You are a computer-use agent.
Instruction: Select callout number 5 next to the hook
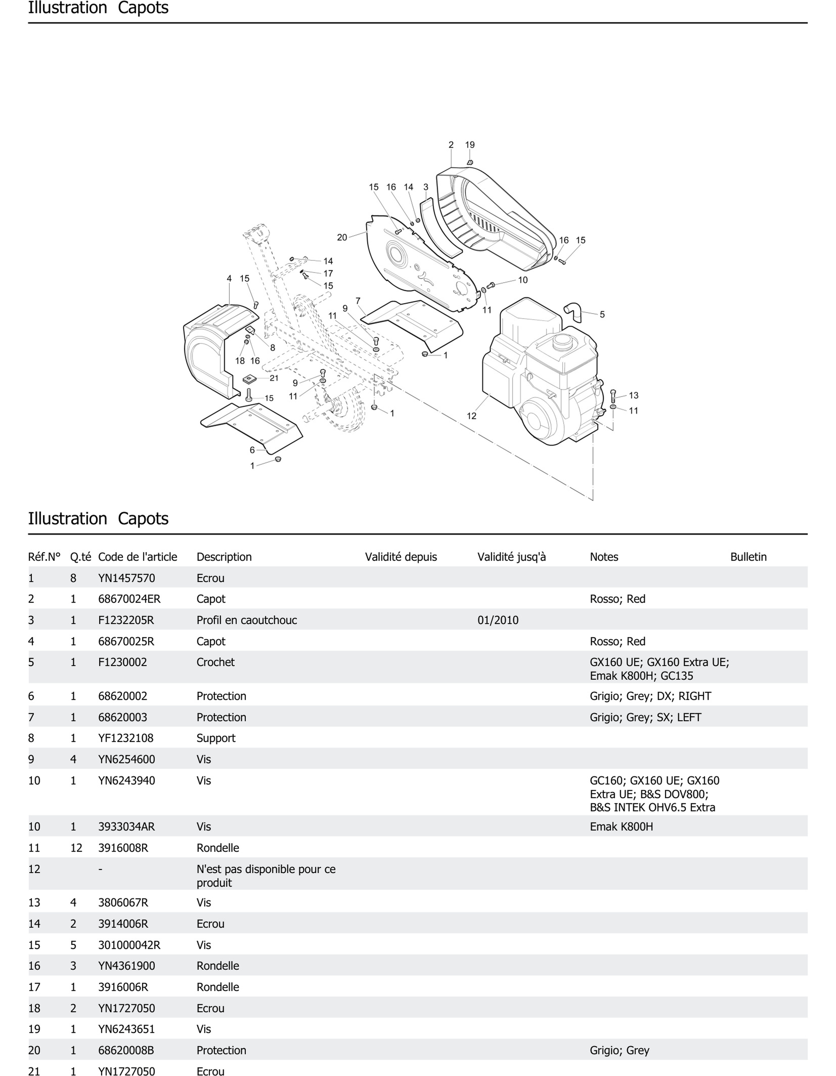(602, 314)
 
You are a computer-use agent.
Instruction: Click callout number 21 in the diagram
(274, 378)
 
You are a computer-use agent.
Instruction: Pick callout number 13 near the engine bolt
(633, 395)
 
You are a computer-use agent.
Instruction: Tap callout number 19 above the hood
(470, 145)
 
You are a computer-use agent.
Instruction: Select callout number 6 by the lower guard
(252, 450)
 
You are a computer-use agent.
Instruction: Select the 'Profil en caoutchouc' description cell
(247, 620)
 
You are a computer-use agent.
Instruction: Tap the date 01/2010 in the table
(498, 620)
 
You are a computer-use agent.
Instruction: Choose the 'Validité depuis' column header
(401, 557)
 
